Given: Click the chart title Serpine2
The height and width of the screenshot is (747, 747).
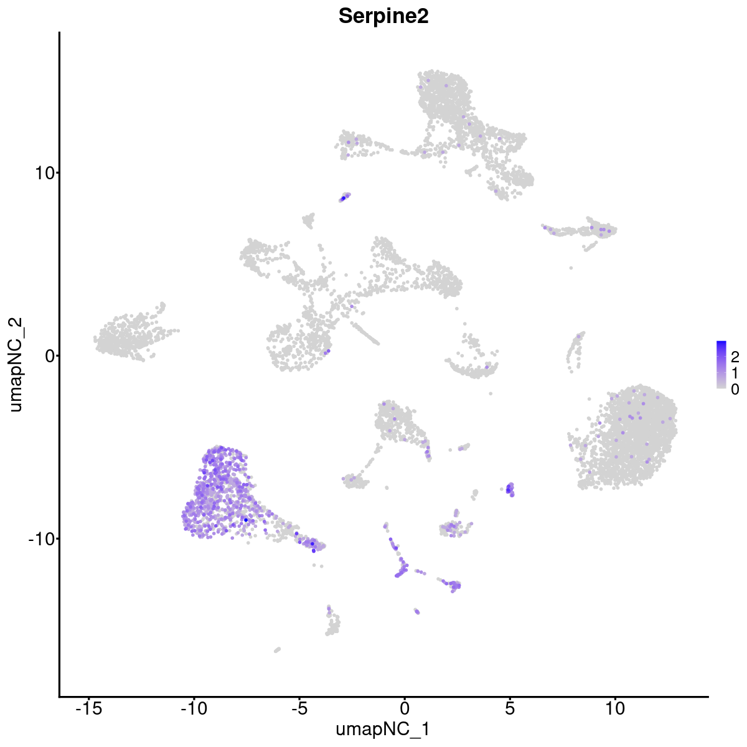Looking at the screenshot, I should [x=383, y=17].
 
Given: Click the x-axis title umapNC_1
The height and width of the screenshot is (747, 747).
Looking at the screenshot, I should [x=383, y=729].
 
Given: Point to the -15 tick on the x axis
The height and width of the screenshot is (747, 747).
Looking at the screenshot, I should [x=88, y=708].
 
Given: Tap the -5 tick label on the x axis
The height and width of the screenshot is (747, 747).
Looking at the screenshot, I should [x=299, y=708].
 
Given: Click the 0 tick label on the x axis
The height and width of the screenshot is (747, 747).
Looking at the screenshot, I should [x=405, y=708].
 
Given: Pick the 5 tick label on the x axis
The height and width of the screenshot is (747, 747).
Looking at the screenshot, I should [x=510, y=708].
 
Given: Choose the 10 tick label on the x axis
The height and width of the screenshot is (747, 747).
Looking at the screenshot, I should [x=615, y=708].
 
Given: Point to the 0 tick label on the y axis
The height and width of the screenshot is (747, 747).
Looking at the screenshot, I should [x=47, y=355].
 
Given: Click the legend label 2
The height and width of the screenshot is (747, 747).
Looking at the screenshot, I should [x=735, y=357].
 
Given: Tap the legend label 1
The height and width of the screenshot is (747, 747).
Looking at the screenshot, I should [x=735, y=373].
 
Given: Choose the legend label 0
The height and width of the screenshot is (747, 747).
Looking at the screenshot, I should [x=735, y=389].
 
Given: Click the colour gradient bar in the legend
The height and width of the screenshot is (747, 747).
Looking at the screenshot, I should [x=721, y=365].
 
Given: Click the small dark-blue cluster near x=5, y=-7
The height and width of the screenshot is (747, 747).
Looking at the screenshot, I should [x=510, y=489].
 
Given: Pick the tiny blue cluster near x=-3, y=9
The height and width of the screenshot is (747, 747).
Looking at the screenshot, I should [x=344, y=197].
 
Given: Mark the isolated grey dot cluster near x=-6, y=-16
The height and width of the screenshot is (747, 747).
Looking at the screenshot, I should [x=277, y=650].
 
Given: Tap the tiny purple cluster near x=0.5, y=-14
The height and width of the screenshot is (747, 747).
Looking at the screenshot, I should [x=416, y=611].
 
